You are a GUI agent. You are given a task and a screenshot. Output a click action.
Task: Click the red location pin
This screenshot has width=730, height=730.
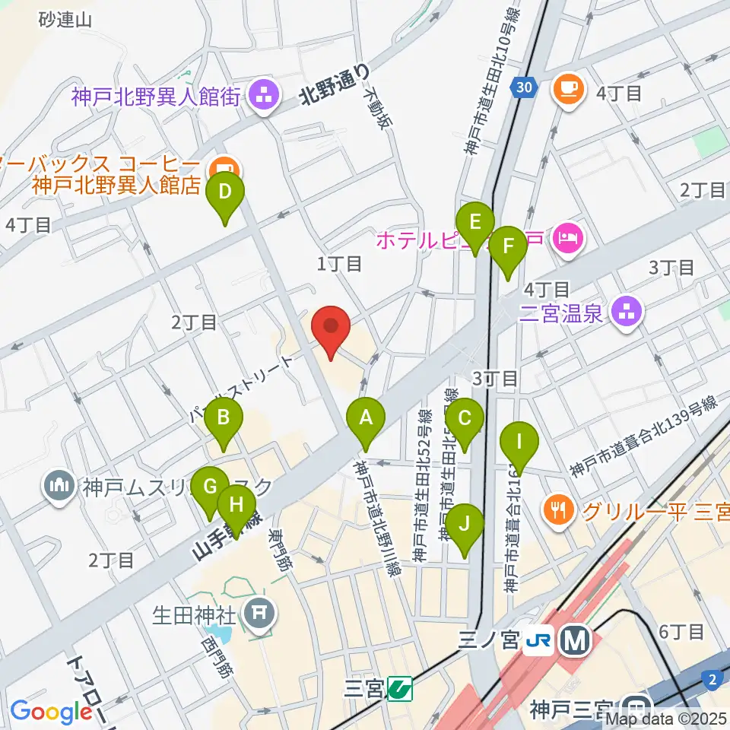pos(332,328)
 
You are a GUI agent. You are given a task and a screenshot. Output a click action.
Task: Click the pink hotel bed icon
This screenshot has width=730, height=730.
pos(567,238)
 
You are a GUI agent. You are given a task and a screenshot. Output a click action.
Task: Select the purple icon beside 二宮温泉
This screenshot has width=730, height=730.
pos(627,312)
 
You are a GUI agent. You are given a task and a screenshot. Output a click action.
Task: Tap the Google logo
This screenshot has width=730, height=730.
pos(51,712)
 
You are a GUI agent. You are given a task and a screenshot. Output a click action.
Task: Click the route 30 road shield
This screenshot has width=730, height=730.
pos(522,87)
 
